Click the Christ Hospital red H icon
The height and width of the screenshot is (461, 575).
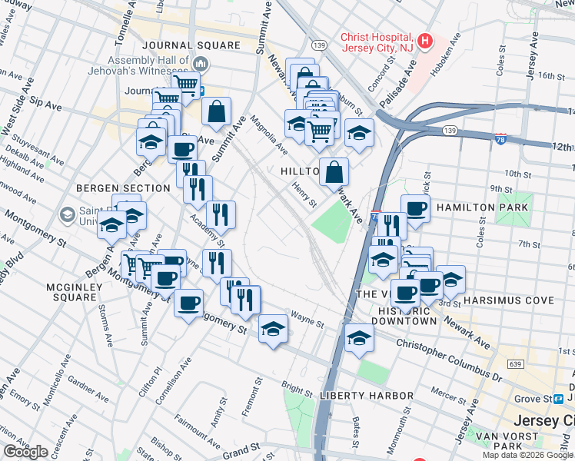(425, 41)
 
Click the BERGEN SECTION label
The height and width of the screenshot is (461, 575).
(123, 187)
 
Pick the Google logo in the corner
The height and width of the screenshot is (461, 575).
(25, 452)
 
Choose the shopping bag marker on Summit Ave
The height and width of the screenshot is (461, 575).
(217, 111)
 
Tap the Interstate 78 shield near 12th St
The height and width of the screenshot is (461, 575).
(500, 139)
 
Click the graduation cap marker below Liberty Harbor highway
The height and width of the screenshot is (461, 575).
(358, 339)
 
